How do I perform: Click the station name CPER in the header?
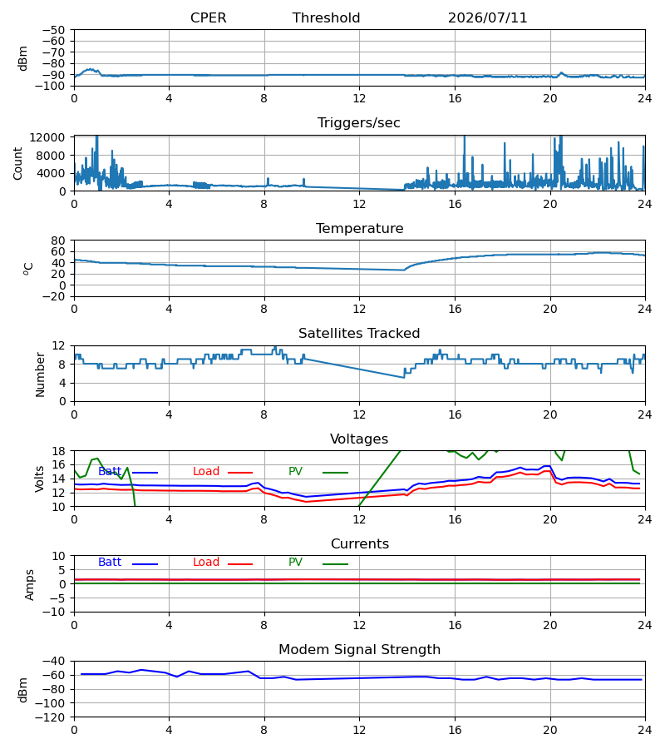[208, 17]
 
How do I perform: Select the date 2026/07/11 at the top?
[487, 17]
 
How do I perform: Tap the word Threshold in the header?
[326, 17]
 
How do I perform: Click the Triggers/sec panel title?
[359, 123]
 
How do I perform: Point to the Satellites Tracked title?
[359, 333]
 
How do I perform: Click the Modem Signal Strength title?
[359, 649]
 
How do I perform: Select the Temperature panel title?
[359, 228]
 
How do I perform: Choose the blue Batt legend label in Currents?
[110, 563]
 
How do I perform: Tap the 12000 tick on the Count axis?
[47, 137]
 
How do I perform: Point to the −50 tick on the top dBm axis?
[53, 30]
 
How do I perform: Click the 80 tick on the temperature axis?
[58, 241]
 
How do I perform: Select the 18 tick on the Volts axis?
[58, 451]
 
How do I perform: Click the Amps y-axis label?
[30, 584]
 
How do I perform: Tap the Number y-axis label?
[40, 374]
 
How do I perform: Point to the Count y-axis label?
[17, 163]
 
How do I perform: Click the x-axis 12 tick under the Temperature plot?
[359, 309]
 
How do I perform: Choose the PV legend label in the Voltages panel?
[295, 472]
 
